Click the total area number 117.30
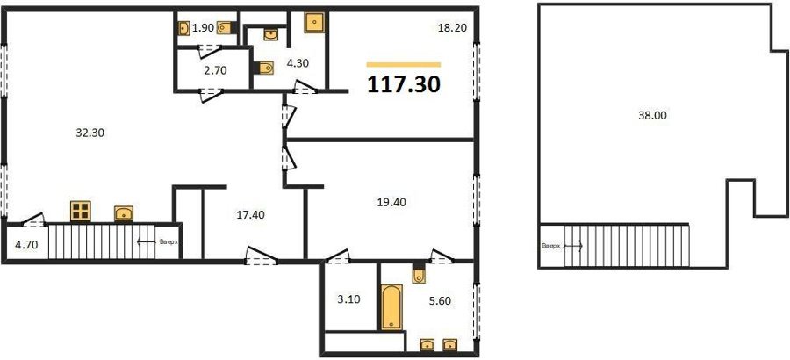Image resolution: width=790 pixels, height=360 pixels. [x=404, y=84]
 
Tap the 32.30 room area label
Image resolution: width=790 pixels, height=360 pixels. [x=90, y=133]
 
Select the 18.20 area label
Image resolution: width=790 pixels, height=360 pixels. [x=452, y=28]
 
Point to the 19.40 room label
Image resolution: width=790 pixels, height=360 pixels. [x=391, y=203]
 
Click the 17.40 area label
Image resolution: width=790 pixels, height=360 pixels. [x=251, y=215]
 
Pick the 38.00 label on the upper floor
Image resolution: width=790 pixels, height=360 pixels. [x=652, y=115]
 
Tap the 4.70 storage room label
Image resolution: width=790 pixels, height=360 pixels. [x=25, y=246]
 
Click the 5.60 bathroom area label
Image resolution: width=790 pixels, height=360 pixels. [x=441, y=301]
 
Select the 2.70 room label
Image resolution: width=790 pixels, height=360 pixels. [x=217, y=70]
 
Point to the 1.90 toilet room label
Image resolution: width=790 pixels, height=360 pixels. [x=204, y=28]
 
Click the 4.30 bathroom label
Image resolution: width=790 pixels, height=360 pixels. [x=298, y=63]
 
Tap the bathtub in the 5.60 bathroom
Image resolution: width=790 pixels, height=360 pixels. [x=391, y=307]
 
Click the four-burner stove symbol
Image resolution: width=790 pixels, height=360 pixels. [x=81, y=212]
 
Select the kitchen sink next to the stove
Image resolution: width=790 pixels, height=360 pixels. [x=124, y=213]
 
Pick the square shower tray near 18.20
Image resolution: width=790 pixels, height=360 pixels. [x=314, y=23]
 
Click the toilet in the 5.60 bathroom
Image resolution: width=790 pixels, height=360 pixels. [x=419, y=274]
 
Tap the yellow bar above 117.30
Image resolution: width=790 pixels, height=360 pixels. [x=404, y=65]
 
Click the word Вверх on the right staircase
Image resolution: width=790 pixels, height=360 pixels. [x=551, y=247]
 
